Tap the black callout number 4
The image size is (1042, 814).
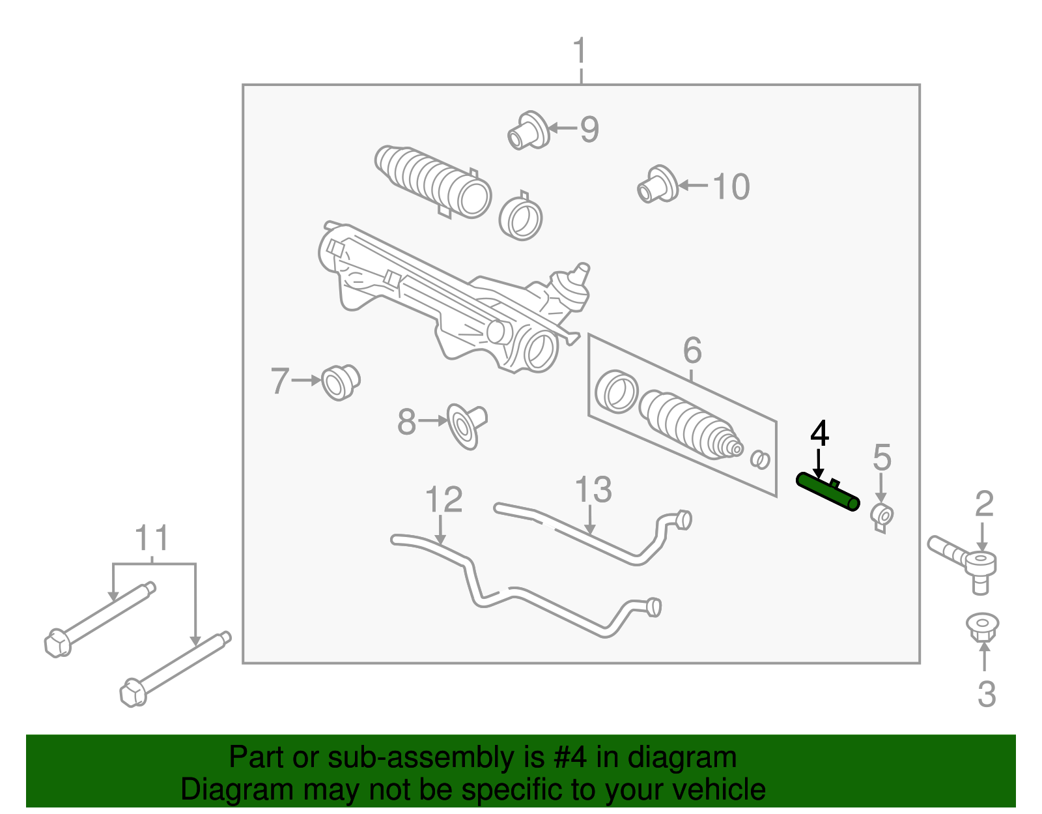pyautogui.click(x=819, y=434)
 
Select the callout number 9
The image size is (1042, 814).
pyautogui.click(x=589, y=130)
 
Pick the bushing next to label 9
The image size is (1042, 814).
pyautogui.click(x=528, y=130)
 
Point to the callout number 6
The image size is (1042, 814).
pyautogui.click(x=692, y=351)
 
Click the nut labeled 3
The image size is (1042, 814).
pyautogui.click(x=982, y=627)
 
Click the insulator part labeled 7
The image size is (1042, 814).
pyautogui.click(x=341, y=382)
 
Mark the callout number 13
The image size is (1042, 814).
pyautogui.click(x=593, y=490)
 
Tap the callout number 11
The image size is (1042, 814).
pyautogui.click(x=152, y=539)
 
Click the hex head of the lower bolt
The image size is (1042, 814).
pyautogui.click(x=133, y=692)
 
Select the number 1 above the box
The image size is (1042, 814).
pyautogui.click(x=580, y=51)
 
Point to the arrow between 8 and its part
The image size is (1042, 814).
pyautogui.click(x=432, y=422)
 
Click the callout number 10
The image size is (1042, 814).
pyautogui.click(x=731, y=187)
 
